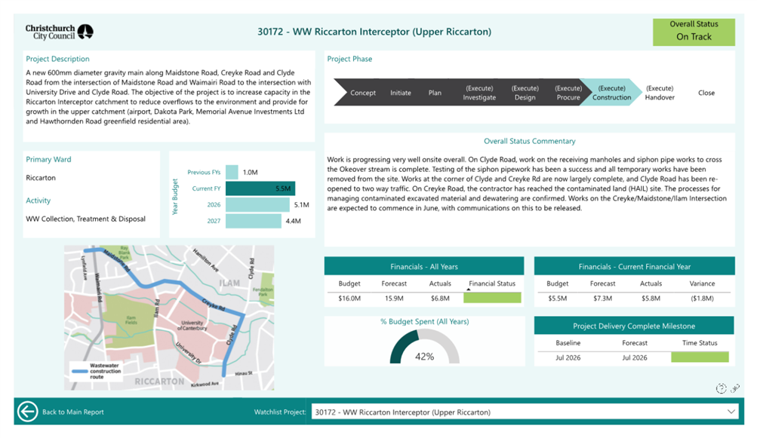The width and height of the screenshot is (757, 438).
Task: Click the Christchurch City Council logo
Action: pos(59,32)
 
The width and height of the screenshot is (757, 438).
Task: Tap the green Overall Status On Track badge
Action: pos(694,32)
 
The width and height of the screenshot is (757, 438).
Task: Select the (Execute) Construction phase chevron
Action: pos(611,93)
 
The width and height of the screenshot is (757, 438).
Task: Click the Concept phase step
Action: pos(362,93)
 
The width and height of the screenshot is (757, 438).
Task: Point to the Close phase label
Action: pos(706,93)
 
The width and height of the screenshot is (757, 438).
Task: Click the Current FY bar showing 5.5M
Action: pos(260,188)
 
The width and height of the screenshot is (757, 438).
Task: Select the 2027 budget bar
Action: pos(254,221)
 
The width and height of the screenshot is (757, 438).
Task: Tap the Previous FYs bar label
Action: pos(204,172)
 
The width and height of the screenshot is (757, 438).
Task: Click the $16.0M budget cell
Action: pos(349,299)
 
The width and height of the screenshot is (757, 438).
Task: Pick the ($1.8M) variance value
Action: pos(702,299)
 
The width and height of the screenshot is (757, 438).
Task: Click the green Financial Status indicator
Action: pos(492,298)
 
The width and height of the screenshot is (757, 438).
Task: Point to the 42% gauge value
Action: pos(424,357)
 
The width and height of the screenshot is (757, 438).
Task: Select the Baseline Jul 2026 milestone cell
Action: pos(568,358)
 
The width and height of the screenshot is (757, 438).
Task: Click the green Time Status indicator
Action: pos(700,357)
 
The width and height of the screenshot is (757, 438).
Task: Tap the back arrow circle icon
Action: pos(27,412)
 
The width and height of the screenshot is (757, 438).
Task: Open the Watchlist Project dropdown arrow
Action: pos(731,412)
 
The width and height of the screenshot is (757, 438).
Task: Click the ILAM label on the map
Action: pos(229,283)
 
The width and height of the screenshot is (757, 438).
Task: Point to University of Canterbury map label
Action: pos(192,326)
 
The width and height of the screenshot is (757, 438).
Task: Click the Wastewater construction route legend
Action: pos(96,371)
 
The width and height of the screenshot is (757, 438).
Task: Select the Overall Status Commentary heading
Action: pos(530,141)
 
